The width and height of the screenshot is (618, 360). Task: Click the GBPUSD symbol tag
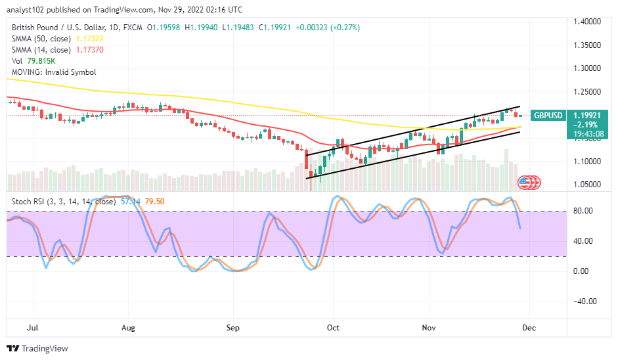click(547, 115)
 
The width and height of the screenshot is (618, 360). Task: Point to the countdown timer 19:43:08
click(586, 133)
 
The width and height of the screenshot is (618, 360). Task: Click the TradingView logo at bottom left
click(32, 349)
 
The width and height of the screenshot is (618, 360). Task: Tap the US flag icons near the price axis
click(529, 182)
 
